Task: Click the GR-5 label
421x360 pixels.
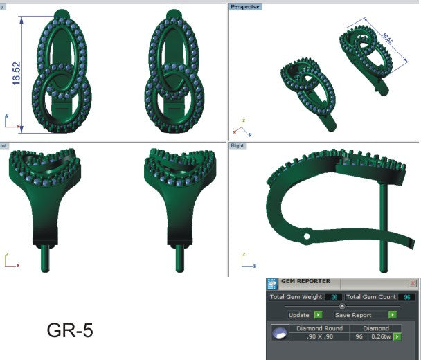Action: coord(70,331)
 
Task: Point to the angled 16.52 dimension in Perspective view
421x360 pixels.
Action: coord(386,36)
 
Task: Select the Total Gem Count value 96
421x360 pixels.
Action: coord(406,297)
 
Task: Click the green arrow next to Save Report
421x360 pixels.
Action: coord(393,315)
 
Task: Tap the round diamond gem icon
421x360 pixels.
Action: coord(280,334)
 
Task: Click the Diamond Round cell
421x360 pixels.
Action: coord(321,328)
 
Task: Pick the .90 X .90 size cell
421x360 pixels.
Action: coord(321,337)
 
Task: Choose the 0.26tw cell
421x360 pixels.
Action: coord(379,337)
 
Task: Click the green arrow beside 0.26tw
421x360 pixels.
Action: coord(398,337)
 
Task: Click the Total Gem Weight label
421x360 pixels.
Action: coord(297,297)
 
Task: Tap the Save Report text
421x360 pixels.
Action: coord(359,315)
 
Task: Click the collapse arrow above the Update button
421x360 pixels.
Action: coord(341,305)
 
